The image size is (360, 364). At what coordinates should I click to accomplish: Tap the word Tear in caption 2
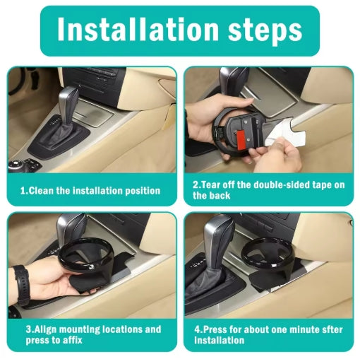pos(213,184)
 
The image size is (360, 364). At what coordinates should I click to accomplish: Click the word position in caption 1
pos(141,190)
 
